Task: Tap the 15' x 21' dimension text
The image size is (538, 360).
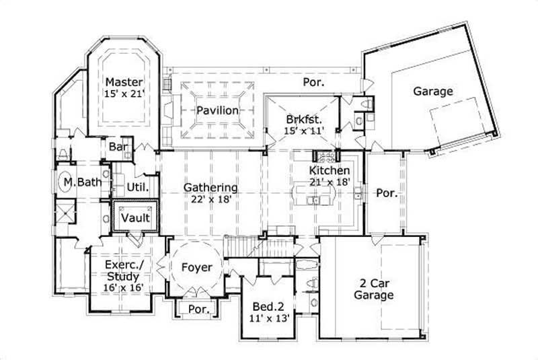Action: click(x=125, y=95)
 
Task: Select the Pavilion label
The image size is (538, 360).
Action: click(x=217, y=110)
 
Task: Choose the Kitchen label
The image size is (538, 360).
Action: click(x=330, y=171)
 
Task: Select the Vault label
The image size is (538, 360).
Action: click(x=135, y=218)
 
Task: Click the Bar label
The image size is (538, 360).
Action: click(x=114, y=147)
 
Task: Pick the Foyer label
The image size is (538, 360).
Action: click(x=197, y=267)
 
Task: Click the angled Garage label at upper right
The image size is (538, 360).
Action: click(x=432, y=91)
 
